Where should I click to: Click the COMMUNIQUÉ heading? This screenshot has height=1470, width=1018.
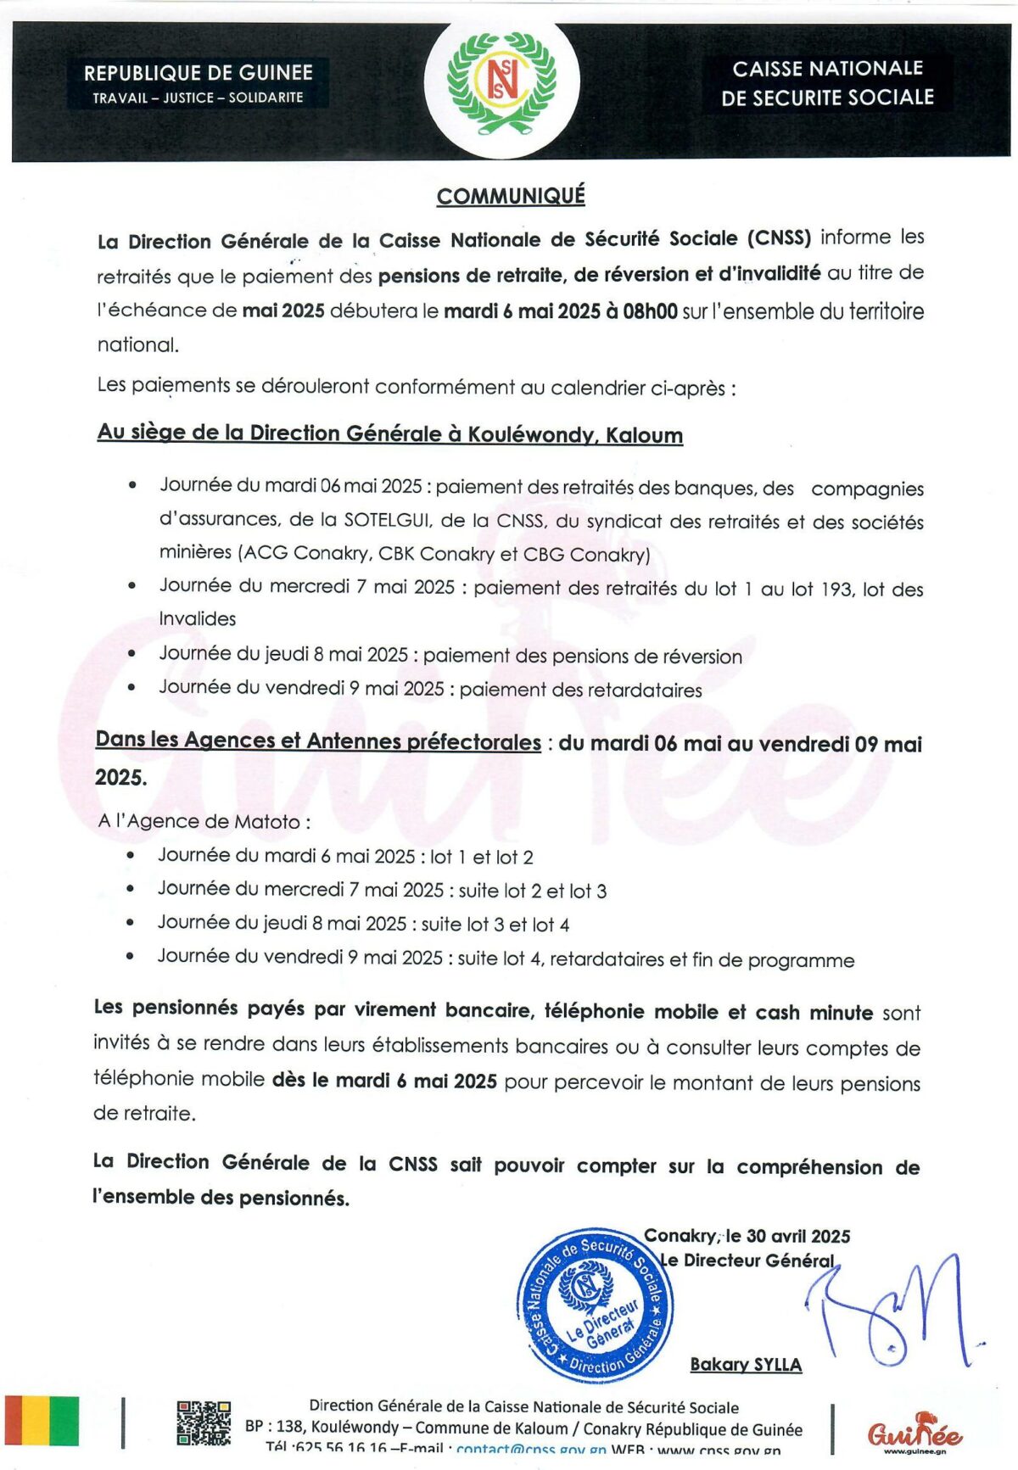pos(511,196)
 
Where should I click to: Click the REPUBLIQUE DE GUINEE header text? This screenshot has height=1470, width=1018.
pos(199,73)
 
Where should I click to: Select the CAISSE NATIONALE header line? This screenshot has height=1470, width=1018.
pos(827,68)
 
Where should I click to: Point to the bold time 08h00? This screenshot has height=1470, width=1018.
pos(650,311)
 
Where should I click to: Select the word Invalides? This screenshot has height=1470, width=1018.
pos(198,619)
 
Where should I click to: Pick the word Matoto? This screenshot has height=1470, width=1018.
pos(267,822)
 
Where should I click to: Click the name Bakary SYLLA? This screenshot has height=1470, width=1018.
pos(746,1365)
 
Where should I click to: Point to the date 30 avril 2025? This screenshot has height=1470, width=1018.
pos(798,1237)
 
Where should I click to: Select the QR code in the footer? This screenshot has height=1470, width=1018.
pos(204,1422)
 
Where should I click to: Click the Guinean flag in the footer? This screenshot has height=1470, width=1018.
pos(42,1421)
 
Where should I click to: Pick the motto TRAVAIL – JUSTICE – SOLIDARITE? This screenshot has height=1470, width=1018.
pos(198,98)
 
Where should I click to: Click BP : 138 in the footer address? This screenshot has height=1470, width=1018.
pos(273,1428)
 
